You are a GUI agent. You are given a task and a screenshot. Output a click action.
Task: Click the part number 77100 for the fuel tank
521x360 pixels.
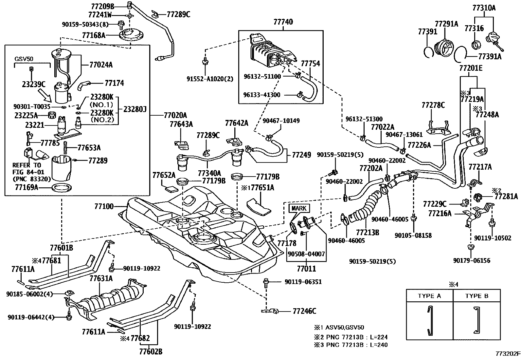pos(104,206)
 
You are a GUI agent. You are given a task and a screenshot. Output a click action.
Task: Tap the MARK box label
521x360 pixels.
pos(299,208)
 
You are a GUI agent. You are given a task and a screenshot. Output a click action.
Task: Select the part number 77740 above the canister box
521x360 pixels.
pos(283,22)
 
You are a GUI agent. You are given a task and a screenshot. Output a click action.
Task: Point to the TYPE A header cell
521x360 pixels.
pos(429,296)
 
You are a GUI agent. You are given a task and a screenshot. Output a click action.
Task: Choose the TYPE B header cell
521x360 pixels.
pos(476,296)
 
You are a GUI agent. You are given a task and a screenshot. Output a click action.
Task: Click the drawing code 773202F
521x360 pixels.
pos(508,354)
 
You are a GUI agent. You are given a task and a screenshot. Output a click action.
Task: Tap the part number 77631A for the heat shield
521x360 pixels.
pos(101,278)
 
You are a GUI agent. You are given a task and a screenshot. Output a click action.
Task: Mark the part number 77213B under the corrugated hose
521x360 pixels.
pos(368,233)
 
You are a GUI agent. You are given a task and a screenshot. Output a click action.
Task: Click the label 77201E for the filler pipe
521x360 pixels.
pos(471,68)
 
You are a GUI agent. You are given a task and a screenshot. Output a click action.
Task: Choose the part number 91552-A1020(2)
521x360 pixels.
pos(215,79)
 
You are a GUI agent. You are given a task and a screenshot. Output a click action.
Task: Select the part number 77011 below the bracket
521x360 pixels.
pos(306,269)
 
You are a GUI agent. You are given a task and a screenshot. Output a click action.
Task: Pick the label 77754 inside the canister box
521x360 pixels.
pos(310,63)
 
